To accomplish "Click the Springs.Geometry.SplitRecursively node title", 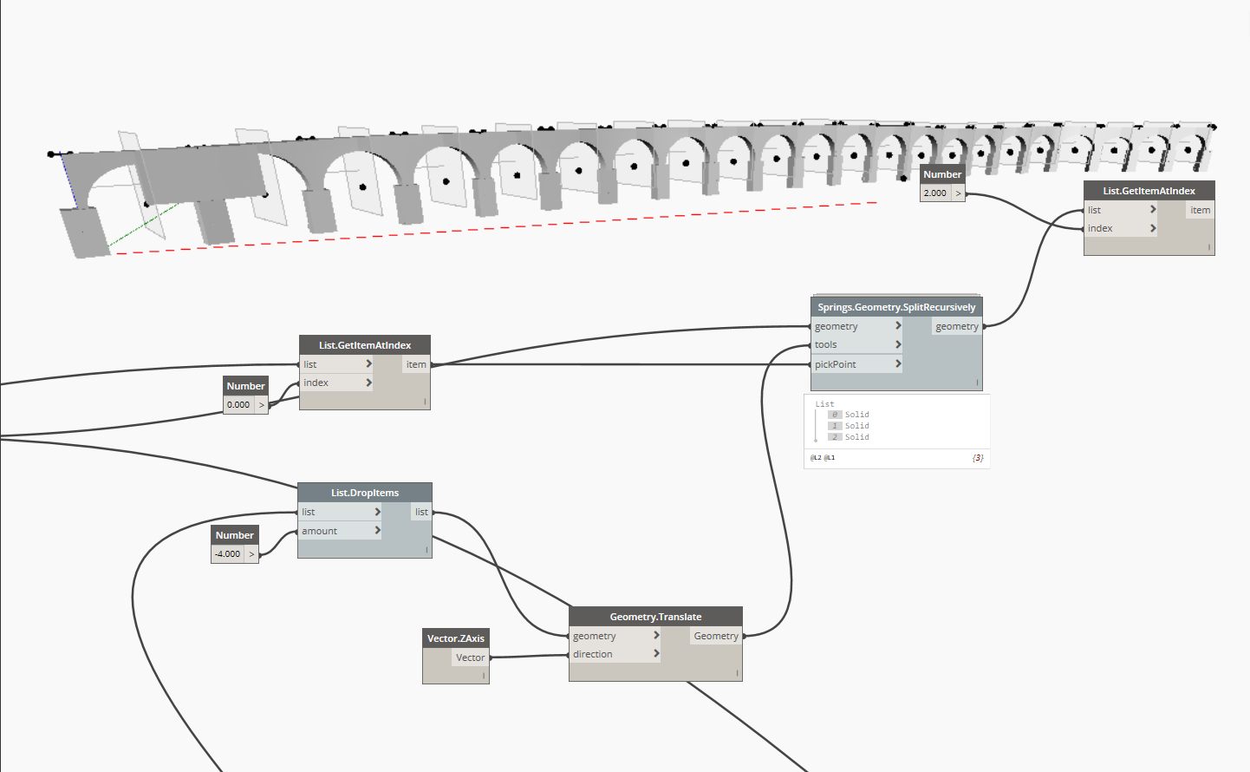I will tap(896, 307).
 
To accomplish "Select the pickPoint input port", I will tap(836, 364).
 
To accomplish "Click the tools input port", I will tap(826, 344).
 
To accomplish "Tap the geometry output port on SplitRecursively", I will tap(957, 326).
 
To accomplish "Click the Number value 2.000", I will tap(935, 193).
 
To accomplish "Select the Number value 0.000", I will tap(238, 405).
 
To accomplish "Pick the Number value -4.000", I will tap(228, 554).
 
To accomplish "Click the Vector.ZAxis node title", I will tap(456, 638).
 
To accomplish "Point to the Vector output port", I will tap(471, 658).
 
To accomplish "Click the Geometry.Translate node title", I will tap(655, 617).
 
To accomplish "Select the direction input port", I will tap(593, 654).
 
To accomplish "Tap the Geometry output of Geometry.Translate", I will tap(716, 636).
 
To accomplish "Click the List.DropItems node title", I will tap(365, 493).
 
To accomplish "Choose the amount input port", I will tap(320, 531).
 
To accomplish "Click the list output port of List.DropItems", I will tap(421, 512).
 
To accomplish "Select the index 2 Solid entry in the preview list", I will tap(856, 437).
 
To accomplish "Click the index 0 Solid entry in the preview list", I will tap(856, 415).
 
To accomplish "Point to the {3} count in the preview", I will tap(978, 458).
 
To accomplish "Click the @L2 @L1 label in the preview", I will tap(823, 458).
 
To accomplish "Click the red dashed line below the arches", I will tap(520, 226).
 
